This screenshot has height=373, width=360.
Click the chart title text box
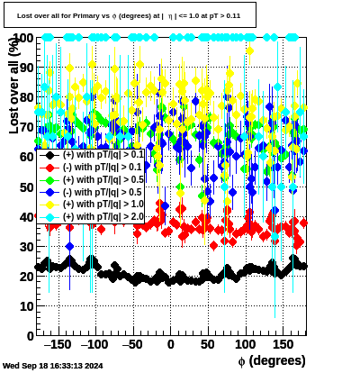click(130, 15)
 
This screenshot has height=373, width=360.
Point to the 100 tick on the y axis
click(23, 38)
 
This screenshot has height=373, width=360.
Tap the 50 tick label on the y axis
click(27, 187)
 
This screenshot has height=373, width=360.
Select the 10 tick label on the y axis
click(27, 306)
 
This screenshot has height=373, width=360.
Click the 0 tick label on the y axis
click(31, 336)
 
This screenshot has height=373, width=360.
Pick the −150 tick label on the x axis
click(58, 344)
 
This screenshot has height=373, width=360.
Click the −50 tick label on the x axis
click(132, 344)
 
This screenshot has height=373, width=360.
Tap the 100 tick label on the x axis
click(246, 344)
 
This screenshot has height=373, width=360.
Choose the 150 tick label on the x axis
click(283, 344)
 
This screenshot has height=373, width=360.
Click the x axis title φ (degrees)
click(272, 360)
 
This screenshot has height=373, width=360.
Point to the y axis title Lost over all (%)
click(14, 86)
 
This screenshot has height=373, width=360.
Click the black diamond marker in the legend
click(49, 155)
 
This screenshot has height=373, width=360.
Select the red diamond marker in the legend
click(49, 168)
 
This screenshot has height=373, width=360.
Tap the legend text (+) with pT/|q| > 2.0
click(103, 216)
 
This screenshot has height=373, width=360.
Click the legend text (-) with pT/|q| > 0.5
click(102, 192)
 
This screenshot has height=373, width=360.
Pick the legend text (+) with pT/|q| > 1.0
click(103, 205)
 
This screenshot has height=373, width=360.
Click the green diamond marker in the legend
click(49, 180)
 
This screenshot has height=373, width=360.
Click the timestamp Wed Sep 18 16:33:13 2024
click(53, 366)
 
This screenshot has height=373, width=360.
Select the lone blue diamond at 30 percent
click(69, 247)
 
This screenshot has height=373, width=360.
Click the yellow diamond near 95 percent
click(249, 51)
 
